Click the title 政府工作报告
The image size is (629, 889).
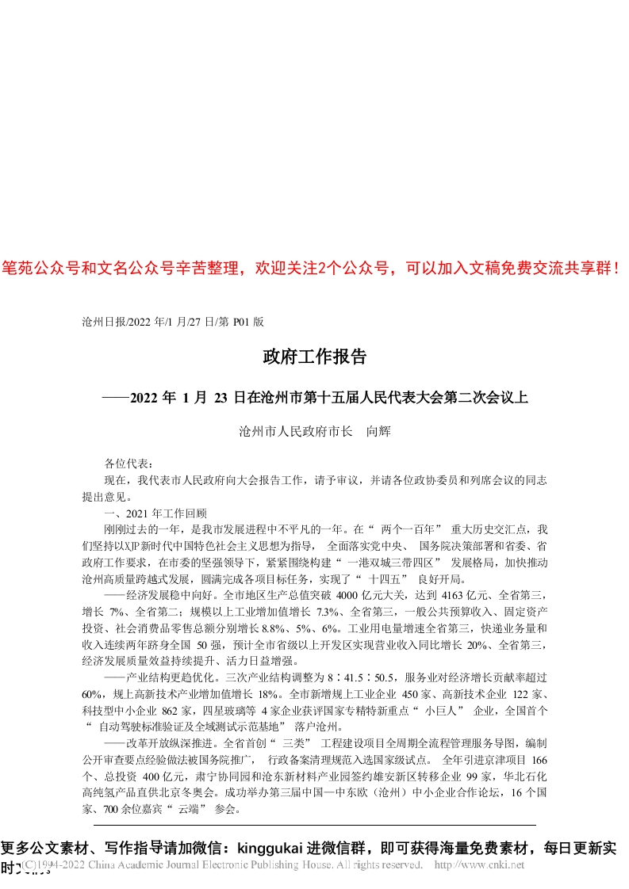point(314,357)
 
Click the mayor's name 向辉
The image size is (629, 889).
point(377,432)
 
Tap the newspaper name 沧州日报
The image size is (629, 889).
point(98,322)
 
